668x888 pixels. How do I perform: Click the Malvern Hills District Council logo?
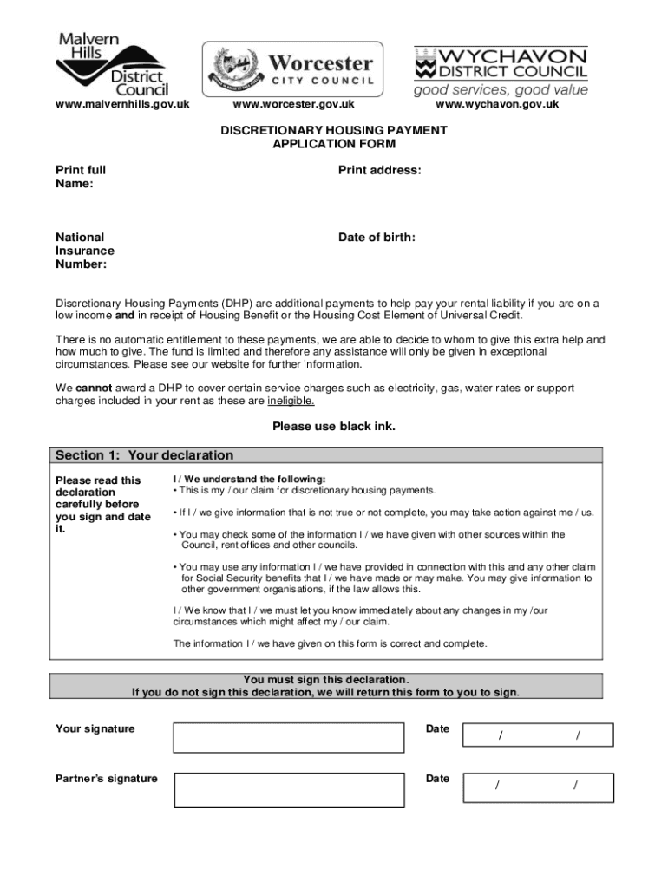112,64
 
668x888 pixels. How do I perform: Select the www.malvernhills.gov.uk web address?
122,105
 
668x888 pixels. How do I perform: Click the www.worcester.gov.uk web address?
294,105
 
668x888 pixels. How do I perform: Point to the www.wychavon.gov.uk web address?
497,105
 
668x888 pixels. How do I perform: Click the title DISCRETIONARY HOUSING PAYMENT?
334,131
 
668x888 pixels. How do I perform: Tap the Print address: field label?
380,171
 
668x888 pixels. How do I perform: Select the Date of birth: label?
377,237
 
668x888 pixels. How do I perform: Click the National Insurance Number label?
85,251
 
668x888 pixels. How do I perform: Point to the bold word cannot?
94,388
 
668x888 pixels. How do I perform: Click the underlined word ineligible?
291,402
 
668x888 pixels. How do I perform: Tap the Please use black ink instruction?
334,426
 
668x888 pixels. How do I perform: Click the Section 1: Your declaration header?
145,455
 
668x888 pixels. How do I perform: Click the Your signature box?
290,737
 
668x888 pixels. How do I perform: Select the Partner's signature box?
290,790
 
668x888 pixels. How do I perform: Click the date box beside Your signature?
538,735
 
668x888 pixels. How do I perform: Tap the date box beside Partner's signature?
538,787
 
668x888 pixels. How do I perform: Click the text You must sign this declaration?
326,679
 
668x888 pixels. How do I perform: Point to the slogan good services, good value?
501,90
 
